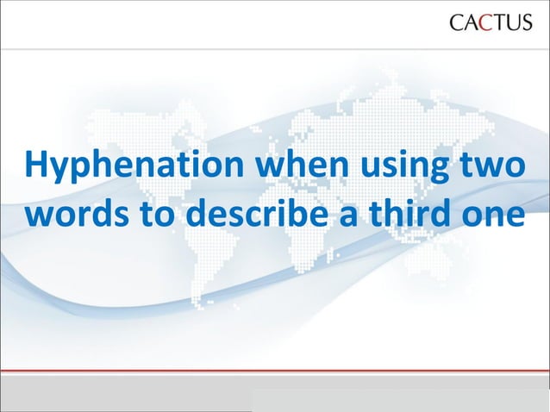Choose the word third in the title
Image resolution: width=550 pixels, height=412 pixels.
407,214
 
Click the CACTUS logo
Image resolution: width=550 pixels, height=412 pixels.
491,22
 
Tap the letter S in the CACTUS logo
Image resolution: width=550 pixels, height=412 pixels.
525,22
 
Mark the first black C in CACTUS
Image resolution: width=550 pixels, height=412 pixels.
458,22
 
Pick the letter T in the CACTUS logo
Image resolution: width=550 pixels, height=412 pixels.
497,22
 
